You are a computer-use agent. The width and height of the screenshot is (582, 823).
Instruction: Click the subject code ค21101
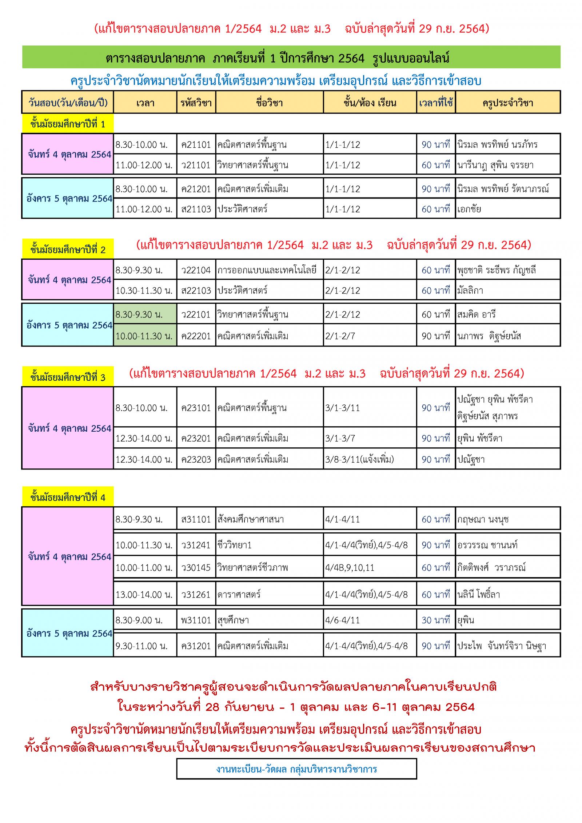click(196, 145)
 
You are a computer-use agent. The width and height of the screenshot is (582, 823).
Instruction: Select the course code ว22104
click(196, 270)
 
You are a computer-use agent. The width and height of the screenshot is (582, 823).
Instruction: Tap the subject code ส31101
click(196, 519)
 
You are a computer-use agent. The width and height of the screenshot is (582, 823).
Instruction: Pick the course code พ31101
click(196, 620)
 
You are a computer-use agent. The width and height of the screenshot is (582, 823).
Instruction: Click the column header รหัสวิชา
click(196, 103)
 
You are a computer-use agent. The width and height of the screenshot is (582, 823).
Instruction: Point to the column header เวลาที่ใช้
click(436, 103)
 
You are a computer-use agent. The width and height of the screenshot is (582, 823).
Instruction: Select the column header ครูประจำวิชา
click(508, 103)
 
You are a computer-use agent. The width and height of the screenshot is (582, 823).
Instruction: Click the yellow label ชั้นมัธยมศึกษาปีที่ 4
click(68, 498)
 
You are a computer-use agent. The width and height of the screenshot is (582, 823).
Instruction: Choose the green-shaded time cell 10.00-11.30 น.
click(144, 336)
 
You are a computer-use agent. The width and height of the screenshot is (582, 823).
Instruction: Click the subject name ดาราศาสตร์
click(239, 595)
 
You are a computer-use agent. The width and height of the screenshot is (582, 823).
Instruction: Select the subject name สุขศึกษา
click(233, 620)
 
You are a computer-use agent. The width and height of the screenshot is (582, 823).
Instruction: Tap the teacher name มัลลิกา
click(470, 291)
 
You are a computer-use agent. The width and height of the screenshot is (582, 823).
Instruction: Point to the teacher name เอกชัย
click(469, 209)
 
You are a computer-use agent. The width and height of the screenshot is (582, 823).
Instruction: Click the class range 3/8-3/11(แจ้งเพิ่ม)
click(359, 460)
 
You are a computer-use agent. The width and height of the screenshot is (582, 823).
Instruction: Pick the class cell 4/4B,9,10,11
click(350, 567)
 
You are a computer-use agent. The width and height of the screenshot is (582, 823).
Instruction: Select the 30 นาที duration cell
click(436, 620)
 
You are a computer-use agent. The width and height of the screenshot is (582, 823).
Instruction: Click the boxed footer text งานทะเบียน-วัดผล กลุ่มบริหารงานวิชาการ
click(296, 769)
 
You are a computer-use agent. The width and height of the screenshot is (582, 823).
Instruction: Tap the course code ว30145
click(196, 567)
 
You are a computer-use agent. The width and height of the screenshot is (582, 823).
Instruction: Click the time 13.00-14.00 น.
click(144, 595)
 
